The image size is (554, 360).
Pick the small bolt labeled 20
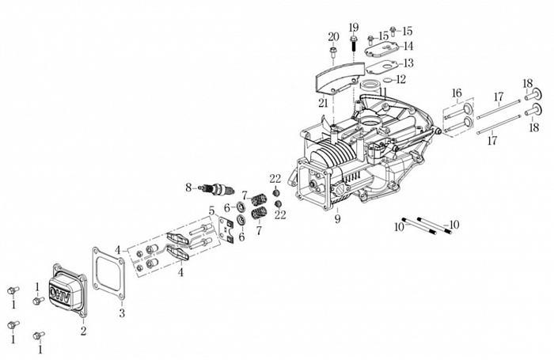tap(333, 53)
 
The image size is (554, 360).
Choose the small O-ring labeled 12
tap(379, 80)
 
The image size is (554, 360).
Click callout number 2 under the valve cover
tap(83, 330)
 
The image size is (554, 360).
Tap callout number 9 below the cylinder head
tap(337, 219)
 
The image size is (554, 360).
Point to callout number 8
tap(188, 188)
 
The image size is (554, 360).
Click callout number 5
tap(212, 210)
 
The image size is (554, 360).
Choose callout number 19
tap(353, 27)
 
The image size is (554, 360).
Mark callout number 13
tap(408, 63)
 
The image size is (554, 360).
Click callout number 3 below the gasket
tap(121, 313)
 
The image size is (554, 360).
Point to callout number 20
tap(333, 36)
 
